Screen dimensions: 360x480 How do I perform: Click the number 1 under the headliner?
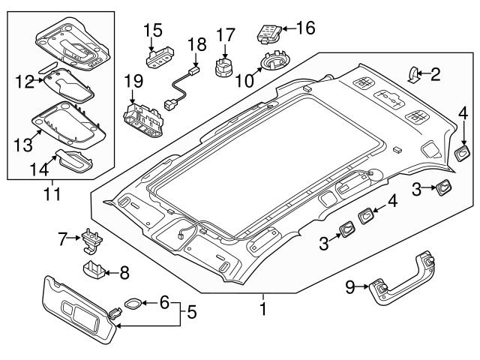tap(262, 307)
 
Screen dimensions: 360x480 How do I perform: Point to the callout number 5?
tap(193, 309)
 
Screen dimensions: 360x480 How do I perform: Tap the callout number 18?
tap(197, 44)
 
